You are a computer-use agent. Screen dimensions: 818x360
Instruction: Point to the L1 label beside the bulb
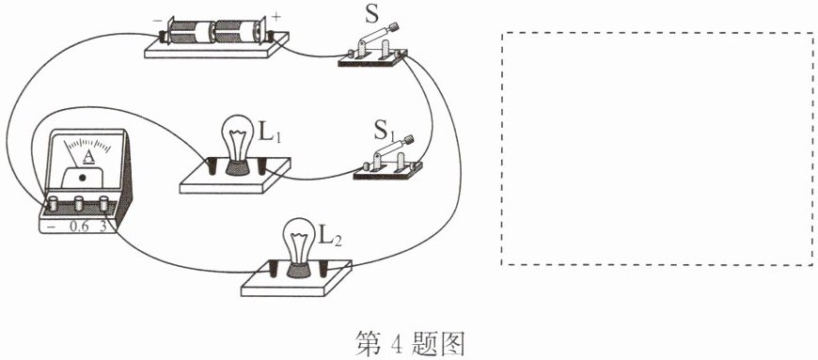coord(270,133)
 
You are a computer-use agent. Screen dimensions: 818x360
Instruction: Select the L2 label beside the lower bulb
coord(330,238)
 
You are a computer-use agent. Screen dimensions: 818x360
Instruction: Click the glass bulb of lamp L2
coord(296,241)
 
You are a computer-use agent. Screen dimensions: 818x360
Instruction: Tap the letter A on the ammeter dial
coord(88,156)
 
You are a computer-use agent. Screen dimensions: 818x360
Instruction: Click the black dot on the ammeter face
coord(82,178)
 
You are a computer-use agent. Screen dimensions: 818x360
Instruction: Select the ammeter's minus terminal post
coord(53,203)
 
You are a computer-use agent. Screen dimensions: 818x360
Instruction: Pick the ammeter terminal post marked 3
coord(103,203)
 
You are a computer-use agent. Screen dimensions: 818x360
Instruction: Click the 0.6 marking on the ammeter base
coord(78,227)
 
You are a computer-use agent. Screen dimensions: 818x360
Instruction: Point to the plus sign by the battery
coord(276,17)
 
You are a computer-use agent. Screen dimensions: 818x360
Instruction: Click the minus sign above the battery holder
coord(157,23)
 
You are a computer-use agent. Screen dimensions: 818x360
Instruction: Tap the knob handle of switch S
coord(391,26)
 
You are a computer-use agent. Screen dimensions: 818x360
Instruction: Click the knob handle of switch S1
coord(407,140)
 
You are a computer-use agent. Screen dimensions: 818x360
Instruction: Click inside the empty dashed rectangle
coord(656,149)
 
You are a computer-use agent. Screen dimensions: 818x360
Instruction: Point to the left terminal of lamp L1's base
coord(212,167)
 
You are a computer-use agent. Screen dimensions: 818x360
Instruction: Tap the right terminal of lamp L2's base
coord(324,269)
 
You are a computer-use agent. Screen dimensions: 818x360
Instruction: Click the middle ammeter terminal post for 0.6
coord(79,203)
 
